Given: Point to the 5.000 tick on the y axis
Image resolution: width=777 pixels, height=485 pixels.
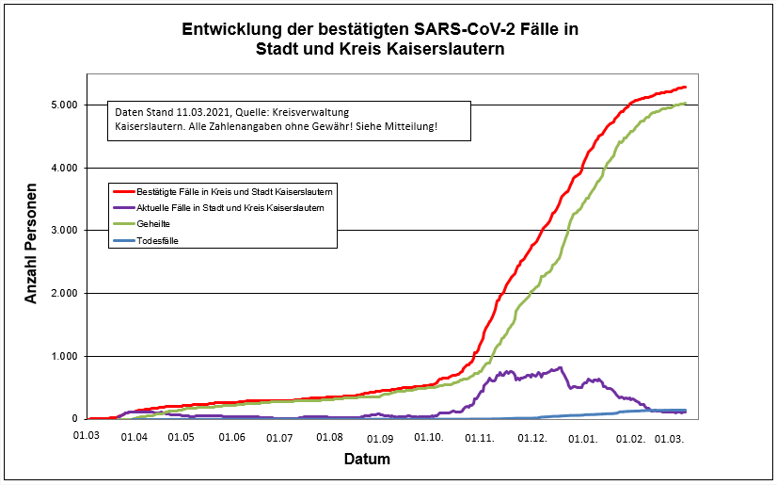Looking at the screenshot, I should pyautogui.click(x=62, y=105).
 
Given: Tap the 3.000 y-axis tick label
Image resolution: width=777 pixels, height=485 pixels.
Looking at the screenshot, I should pyautogui.click(x=62, y=231).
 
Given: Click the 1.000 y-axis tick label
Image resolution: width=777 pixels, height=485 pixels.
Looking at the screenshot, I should pyautogui.click(x=62, y=356).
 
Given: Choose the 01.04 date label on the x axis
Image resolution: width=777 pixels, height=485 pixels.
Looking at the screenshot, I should pyautogui.click(x=135, y=438).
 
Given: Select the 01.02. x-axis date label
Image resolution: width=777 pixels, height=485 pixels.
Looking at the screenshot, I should pyautogui.click(x=630, y=438).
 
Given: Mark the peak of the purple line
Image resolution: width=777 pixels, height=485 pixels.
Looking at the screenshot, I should pyautogui.click(x=561, y=367).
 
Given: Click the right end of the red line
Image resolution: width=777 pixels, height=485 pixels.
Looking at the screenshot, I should pyautogui.click(x=686, y=87).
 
